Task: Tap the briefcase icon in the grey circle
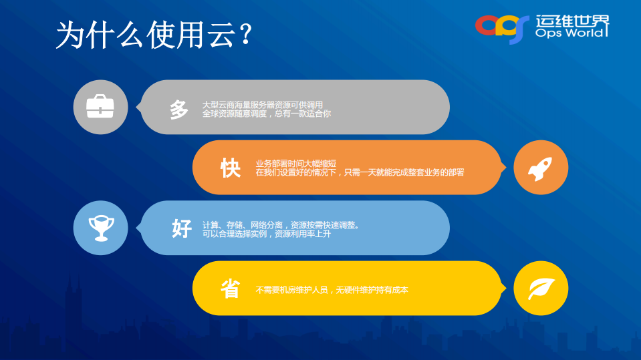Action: (100, 107)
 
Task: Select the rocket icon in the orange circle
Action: (540, 168)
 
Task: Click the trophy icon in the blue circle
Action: (100, 228)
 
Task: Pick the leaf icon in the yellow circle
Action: (540, 289)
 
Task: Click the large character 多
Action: (179, 109)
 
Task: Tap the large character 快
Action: (231, 168)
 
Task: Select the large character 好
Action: (181, 228)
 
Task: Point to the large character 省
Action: (231, 289)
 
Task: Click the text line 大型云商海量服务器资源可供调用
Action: (263, 105)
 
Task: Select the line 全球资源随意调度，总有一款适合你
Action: (266, 114)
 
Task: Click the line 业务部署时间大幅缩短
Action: (295, 164)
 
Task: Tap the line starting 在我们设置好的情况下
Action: (359, 172)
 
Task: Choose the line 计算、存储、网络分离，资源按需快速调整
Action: (281, 225)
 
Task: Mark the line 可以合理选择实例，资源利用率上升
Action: (266, 234)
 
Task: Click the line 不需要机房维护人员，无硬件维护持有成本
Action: (332, 290)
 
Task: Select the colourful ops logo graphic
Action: (502, 27)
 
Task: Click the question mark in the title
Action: (245, 35)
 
